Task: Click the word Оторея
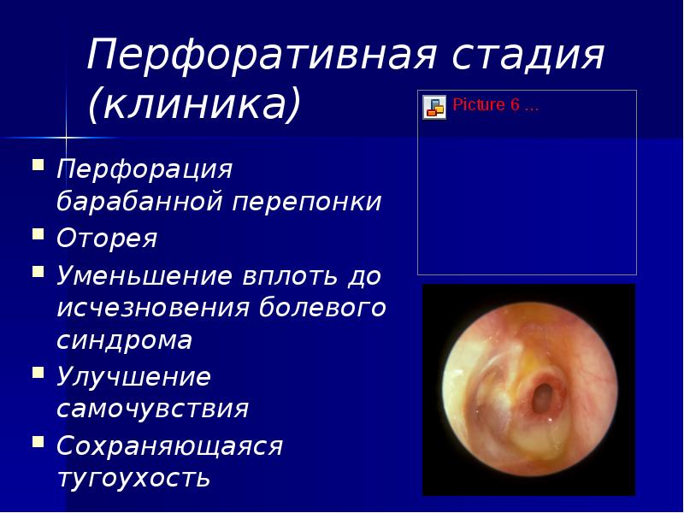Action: click(107, 239)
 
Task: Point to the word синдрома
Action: click(124, 339)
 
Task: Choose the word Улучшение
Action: click(133, 377)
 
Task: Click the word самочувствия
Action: click(152, 408)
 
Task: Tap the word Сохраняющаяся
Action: click(169, 446)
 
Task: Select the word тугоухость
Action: click(133, 477)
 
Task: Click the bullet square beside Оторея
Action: click(38, 233)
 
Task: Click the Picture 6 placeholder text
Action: click(496, 107)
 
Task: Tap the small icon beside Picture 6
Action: click(434, 107)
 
